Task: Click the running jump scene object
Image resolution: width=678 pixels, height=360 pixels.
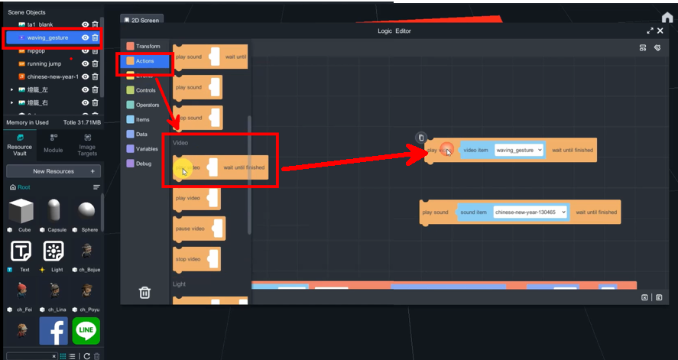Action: pos(44,63)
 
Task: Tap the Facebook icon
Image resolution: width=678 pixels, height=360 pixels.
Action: pos(54,331)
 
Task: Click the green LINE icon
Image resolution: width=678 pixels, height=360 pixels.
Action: pos(86,331)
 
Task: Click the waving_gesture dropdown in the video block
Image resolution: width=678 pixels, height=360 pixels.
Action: pos(519,150)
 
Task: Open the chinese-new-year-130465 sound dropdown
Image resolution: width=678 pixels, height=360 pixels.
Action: pos(530,212)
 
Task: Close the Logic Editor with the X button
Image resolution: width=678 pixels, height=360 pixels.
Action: pos(660,31)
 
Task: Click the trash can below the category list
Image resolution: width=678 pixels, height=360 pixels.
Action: pos(144,293)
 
